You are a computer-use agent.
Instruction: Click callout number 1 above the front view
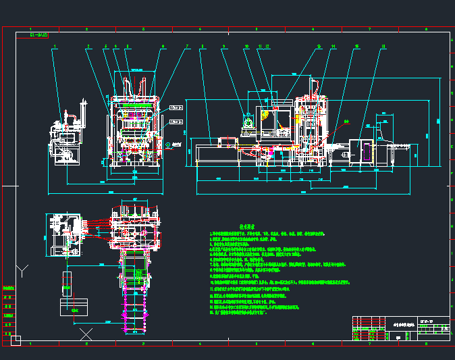[x=55, y=47]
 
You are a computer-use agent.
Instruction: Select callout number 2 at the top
[x=88, y=47]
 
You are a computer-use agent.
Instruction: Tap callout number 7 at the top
[x=187, y=47]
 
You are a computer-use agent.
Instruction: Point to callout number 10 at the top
[x=246, y=47]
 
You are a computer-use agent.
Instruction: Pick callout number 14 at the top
[x=333, y=47]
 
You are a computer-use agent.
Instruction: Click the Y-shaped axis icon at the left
[x=22, y=272]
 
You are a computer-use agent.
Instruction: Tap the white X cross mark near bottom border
[x=86, y=334]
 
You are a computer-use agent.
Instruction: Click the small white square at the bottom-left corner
[x=16, y=340]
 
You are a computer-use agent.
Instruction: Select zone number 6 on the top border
[x=313, y=29]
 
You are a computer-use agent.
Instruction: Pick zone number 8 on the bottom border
[x=427, y=343]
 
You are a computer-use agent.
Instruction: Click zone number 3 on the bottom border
[x=143, y=343]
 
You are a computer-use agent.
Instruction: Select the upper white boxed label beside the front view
[x=176, y=107]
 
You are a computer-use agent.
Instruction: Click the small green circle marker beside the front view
[x=167, y=144]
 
